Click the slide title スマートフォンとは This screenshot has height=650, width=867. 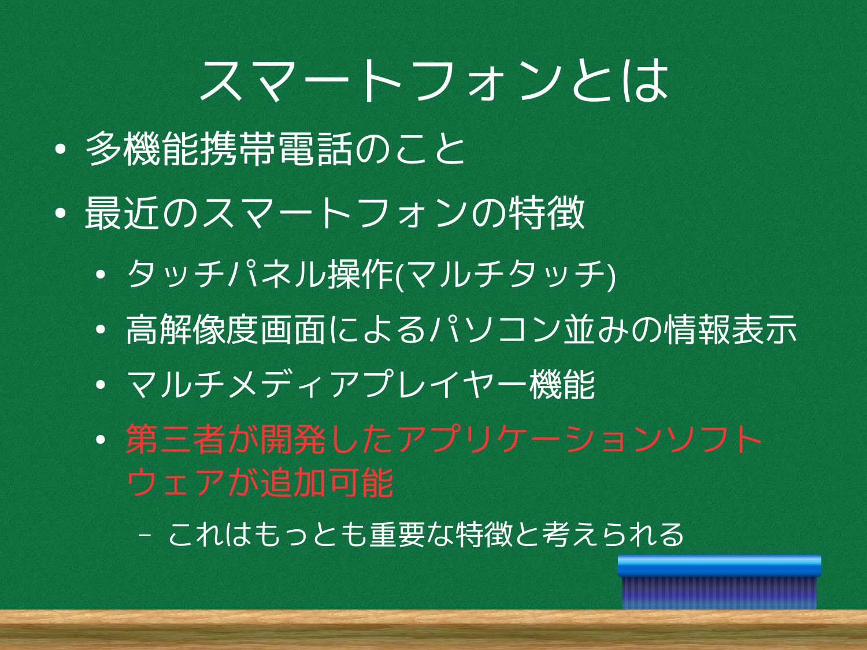(x=433, y=80)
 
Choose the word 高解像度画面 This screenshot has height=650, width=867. (x=225, y=329)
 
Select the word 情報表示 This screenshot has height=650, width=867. (x=731, y=329)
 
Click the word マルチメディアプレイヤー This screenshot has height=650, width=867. (x=328, y=384)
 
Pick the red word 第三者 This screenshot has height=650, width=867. (x=175, y=439)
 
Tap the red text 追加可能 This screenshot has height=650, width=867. (x=328, y=482)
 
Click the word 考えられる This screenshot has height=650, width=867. (x=613, y=534)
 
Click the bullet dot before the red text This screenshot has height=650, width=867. (x=101, y=440)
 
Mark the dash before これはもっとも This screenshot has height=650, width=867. (x=145, y=536)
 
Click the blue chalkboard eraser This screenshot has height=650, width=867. (x=719, y=582)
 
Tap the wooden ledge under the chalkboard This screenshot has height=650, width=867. (x=433, y=630)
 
